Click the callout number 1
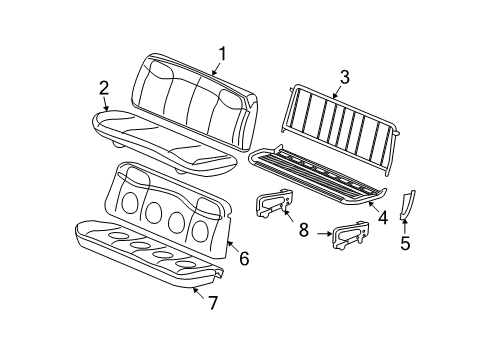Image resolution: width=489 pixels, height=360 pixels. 223,54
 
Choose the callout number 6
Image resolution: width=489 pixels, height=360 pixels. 244,258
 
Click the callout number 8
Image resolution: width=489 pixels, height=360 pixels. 303,229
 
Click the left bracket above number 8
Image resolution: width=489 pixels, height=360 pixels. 272,205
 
